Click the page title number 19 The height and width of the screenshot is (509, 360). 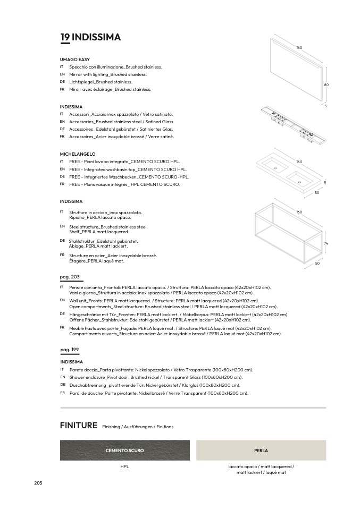point(64,37)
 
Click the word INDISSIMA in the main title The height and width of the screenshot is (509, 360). point(96,37)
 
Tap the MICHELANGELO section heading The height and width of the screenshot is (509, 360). point(78,154)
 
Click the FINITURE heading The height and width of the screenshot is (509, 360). point(79,426)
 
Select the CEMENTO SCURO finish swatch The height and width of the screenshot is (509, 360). point(125,450)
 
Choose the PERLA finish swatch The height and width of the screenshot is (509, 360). point(261,450)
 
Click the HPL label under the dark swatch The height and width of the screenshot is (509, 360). point(125,466)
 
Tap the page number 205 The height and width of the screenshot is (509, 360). point(38,482)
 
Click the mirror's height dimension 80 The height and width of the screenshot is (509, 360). point(326,85)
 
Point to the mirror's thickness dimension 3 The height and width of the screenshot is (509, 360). point(325,106)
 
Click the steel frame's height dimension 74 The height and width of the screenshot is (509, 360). point(325,243)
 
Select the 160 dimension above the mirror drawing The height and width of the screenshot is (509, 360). point(299,48)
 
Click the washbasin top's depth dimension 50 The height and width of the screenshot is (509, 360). point(317,192)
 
